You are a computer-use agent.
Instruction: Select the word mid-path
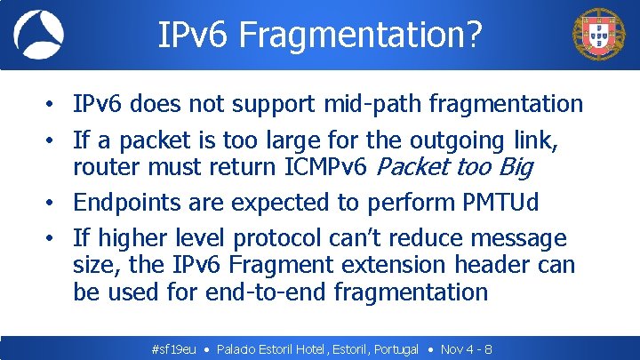click(x=372, y=104)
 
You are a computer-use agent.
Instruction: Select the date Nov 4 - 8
click(x=467, y=349)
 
